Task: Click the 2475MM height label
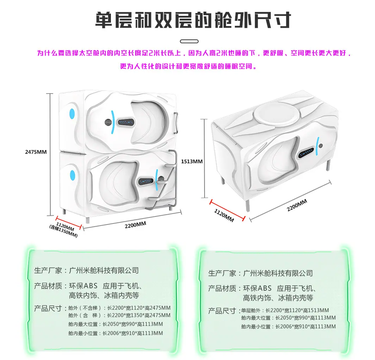click(36, 152)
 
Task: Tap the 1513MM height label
click(192, 162)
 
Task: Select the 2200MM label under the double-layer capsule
click(135, 225)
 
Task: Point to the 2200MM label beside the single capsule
click(297, 206)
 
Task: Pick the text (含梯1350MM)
click(63, 232)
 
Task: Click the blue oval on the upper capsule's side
click(72, 114)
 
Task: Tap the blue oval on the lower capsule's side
click(73, 176)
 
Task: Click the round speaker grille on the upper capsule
click(108, 122)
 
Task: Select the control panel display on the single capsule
click(306, 153)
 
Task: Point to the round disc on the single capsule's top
click(277, 114)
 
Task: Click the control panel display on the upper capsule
click(126, 122)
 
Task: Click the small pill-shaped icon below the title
click(189, 42)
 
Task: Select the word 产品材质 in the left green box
click(48, 286)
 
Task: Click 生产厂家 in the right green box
click(222, 273)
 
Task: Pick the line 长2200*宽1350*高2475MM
click(139, 315)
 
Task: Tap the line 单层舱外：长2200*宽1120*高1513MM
click(285, 310)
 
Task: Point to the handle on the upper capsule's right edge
click(176, 123)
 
